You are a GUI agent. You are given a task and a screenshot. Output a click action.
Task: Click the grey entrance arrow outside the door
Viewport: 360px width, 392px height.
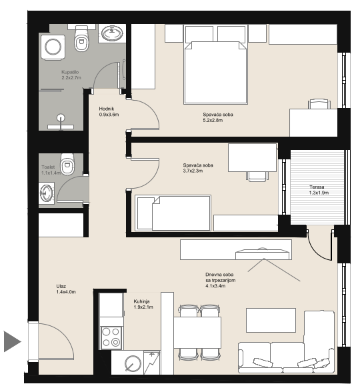12,341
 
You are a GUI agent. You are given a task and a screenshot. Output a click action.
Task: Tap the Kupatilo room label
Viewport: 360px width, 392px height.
71,75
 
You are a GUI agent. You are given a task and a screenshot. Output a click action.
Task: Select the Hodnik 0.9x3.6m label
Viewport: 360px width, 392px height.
109,111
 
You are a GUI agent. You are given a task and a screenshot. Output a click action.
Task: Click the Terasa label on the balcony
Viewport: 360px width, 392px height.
319,190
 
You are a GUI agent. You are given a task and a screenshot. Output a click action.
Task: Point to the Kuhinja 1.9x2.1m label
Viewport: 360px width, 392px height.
143,304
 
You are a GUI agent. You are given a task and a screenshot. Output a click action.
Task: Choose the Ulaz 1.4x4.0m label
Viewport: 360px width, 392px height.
66,289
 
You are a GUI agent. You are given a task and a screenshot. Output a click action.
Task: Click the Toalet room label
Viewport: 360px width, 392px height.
51,170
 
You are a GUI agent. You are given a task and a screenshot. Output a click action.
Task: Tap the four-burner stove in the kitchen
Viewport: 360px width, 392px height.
111,337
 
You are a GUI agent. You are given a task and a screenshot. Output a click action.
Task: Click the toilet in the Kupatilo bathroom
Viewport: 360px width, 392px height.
81,38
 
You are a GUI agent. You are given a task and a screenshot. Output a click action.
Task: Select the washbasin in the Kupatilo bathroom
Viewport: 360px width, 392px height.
112,33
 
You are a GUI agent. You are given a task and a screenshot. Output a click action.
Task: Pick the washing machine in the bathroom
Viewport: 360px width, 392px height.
53,47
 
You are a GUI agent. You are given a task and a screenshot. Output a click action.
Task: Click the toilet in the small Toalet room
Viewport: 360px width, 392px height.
67,164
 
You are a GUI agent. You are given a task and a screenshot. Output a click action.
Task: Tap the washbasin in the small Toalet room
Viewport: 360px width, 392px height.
46,193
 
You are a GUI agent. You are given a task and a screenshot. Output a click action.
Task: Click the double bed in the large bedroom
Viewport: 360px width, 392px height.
215,65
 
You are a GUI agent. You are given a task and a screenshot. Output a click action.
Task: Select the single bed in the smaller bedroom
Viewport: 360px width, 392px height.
173,213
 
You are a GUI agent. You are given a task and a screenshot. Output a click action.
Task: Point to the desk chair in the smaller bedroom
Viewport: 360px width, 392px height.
257,176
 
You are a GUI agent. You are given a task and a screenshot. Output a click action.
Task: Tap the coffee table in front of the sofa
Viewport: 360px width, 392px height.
271,320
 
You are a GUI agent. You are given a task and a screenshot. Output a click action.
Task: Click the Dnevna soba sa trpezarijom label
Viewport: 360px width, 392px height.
220,280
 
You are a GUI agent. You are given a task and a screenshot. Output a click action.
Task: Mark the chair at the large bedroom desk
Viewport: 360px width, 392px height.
320,103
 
